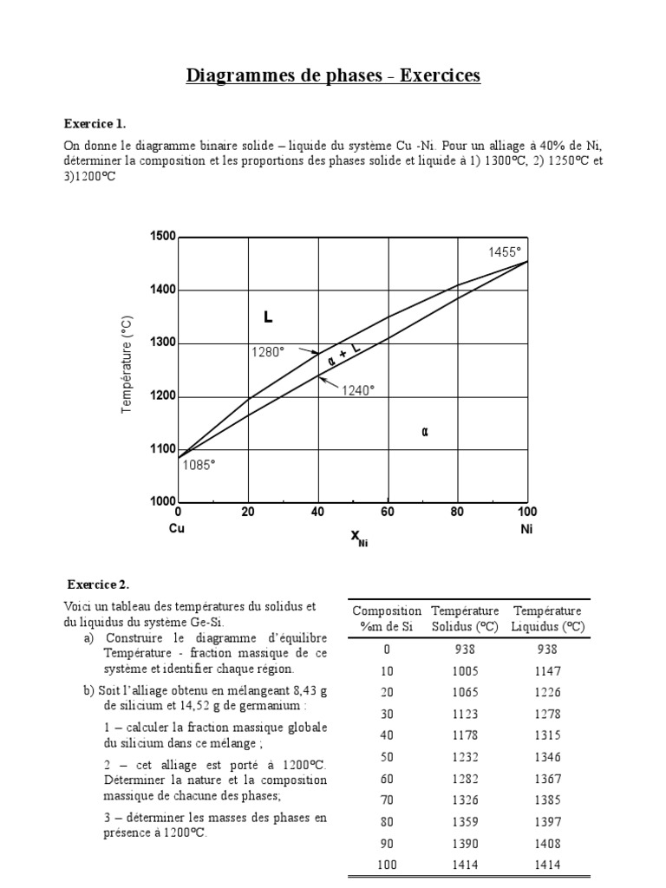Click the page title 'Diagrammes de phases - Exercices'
(333, 76)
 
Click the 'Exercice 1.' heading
(101, 123)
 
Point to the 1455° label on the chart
(504, 251)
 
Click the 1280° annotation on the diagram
(268, 352)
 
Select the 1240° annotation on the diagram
(357, 390)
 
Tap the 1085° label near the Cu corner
(199, 465)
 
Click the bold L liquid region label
(268, 318)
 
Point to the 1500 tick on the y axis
(162, 237)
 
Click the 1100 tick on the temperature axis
(162, 449)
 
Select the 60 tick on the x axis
(388, 513)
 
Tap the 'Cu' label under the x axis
(177, 528)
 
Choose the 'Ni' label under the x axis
(526, 528)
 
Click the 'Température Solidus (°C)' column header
(466, 618)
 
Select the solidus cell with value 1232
(466, 757)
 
